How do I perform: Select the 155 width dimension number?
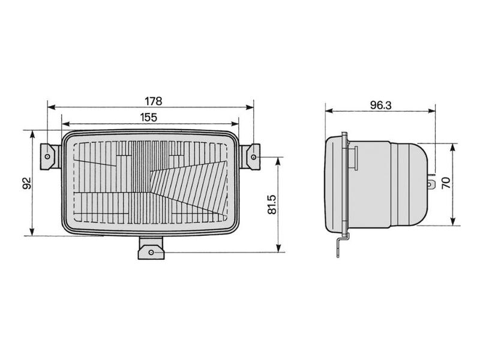pyautogui.click(x=149, y=117)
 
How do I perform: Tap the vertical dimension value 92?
pyautogui.click(x=25, y=183)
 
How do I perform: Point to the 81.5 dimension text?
pyautogui.click(x=272, y=204)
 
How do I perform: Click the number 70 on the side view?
pyautogui.click(x=445, y=184)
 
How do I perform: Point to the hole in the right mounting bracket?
pyautogui.click(x=255, y=157)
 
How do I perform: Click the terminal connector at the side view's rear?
pyautogui.click(x=430, y=182)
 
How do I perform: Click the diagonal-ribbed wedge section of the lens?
pyautogui.click(x=186, y=180)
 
